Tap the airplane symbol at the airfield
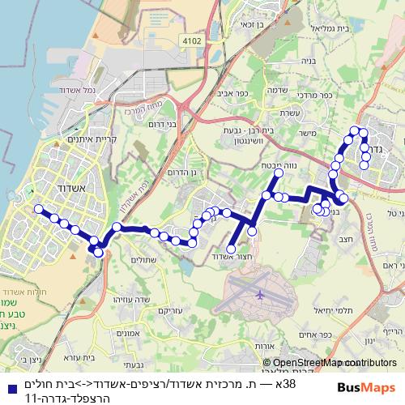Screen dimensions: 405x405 coord(259,295)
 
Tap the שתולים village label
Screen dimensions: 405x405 coord(141,260)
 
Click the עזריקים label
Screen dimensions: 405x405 coord(168,309)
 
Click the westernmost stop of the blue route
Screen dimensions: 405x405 coord(36,209)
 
